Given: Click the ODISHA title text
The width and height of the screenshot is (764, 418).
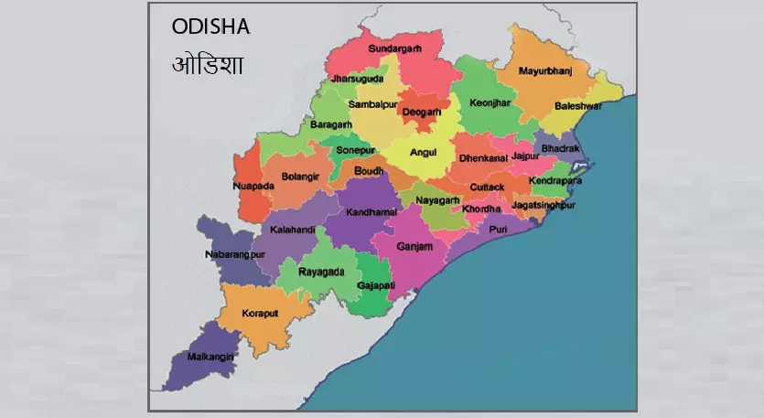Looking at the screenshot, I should [x=210, y=27].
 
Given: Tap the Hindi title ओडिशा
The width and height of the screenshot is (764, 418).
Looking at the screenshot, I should [x=207, y=66].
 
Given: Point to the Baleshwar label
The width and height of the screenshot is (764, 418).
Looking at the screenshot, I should [x=578, y=106].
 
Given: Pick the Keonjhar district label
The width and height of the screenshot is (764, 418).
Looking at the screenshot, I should [x=490, y=103].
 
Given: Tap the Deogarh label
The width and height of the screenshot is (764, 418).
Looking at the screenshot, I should [x=422, y=113].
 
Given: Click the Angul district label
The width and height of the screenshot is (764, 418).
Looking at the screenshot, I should [x=422, y=153].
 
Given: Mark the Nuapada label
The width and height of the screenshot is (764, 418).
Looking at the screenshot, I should [x=253, y=186].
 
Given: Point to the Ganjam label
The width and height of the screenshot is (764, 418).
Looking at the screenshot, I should [x=414, y=247].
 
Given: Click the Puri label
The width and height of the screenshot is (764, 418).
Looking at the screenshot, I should [x=498, y=229].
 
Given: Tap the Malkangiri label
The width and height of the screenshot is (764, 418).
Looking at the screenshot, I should [x=211, y=356].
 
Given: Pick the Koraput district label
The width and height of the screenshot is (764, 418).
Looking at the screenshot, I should [x=260, y=313].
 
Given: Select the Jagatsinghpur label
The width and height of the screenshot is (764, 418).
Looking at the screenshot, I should [x=543, y=206].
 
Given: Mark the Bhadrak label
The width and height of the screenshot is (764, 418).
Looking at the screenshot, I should [x=561, y=148].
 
